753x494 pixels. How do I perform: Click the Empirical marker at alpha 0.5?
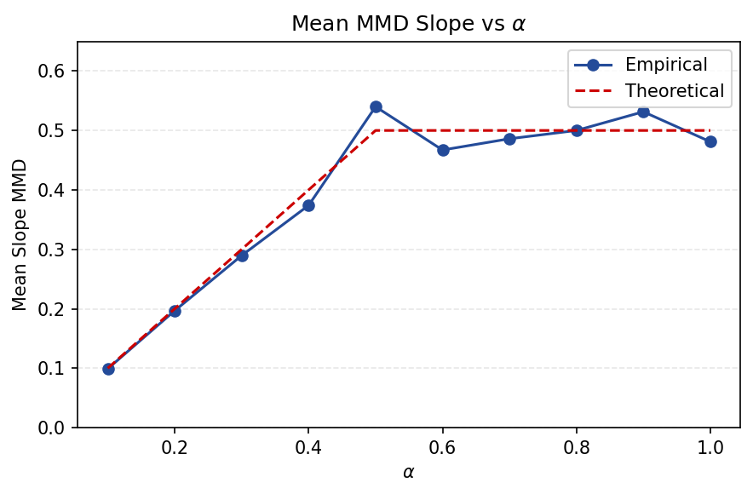click(376, 106)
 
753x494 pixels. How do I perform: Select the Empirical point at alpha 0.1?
click(108, 369)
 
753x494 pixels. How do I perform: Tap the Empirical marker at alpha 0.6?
click(443, 150)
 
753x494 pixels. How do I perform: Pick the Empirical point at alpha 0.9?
click(643, 112)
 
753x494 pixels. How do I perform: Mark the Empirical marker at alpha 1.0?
click(710, 141)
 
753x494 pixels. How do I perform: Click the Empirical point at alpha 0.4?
click(308, 205)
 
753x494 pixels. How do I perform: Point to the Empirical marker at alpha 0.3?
click(242, 255)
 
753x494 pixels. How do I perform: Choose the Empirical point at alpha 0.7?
click(509, 139)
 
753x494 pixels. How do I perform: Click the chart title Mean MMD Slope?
click(408, 24)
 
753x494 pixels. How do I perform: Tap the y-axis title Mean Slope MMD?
click(20, 234)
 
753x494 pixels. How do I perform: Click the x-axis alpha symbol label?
click(408, 472)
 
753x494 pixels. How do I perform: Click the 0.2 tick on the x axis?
click(175, 448)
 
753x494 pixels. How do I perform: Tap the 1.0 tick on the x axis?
click(710, 448)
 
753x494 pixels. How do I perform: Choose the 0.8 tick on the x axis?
click(577, 448)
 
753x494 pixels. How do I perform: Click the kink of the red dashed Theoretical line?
click(376, 130)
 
